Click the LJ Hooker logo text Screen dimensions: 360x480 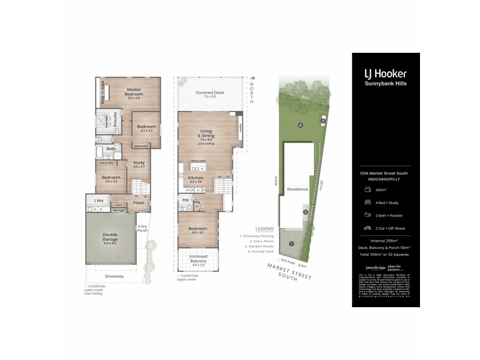[385, 74]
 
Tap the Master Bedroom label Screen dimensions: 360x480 [133, 92]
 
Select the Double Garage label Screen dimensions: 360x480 [110, 238]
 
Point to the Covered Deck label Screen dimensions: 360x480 [209, 94]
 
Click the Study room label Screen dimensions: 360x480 [139, 163]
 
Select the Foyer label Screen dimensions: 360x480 [139, 203]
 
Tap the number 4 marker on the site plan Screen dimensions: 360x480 [300, 125]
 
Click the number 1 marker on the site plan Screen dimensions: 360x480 [291, 244]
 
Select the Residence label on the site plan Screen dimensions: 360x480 [297, 189]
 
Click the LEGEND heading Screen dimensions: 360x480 [264, 229]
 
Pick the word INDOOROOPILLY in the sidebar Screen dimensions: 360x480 [385, 178]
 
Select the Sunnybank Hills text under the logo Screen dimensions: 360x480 [385, 83]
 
